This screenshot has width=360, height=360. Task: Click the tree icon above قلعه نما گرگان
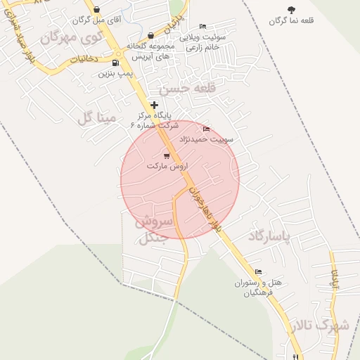[x=291, y=9]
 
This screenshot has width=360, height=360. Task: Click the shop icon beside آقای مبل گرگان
[x=96, y=10]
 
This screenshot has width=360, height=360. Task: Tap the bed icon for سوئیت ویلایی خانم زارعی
[x=203, y=26]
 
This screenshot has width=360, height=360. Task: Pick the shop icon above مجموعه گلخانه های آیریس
[x=151, y=35]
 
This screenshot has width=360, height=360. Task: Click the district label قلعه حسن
[x=184, y=90]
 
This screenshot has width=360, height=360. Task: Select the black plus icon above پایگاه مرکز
[x=155, y=105]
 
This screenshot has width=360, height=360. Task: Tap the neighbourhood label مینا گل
[x=96, y=117]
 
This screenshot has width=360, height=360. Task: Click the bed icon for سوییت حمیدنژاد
[x=206, y=129]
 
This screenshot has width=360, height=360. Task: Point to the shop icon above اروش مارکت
[x=167, y=155]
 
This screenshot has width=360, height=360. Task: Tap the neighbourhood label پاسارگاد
[x=279, y=237]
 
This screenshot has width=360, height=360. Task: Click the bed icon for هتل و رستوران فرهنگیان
[x=258, y=271]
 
